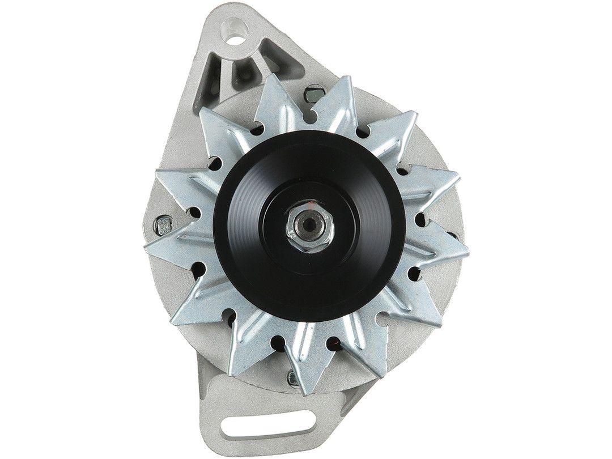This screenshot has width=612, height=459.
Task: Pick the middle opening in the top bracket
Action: (x=243, y=73)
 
